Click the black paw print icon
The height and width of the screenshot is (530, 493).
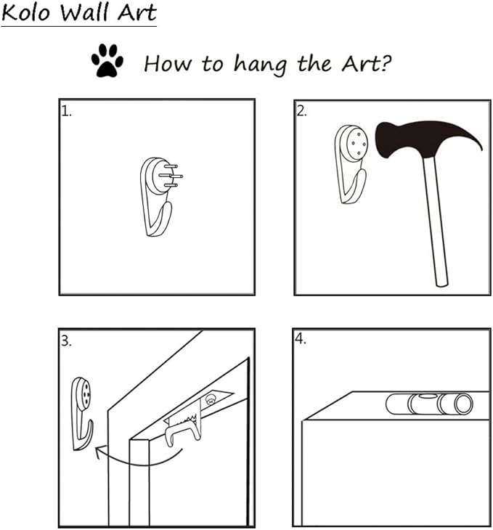[x=107, y=60]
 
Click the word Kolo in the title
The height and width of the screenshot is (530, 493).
[x=25, y=12]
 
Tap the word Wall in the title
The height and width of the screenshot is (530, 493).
[x=84, y=12]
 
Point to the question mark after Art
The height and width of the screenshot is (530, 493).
[x=386, y=63]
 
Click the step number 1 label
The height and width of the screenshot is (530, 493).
[x=66, y=111]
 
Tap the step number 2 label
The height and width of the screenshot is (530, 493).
[x=301, y=111]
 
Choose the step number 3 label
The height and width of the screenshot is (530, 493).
[x=66, y=341]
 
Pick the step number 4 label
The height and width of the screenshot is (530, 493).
[x=301, y=338]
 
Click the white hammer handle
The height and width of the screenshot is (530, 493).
[x=436, y=221]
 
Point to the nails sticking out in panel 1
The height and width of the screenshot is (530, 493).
[x=171, y=176]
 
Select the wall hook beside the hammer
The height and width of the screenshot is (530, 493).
[x=350, y=164]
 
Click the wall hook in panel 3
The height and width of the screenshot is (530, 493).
[x=81, y=414]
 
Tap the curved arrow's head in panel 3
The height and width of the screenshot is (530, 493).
[x=99, y=452]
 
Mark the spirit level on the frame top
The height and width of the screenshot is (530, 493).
[x=429, y=404]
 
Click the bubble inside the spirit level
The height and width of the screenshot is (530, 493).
[x=426, y=395]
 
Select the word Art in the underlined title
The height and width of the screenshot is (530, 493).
[x=137, y=12]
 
